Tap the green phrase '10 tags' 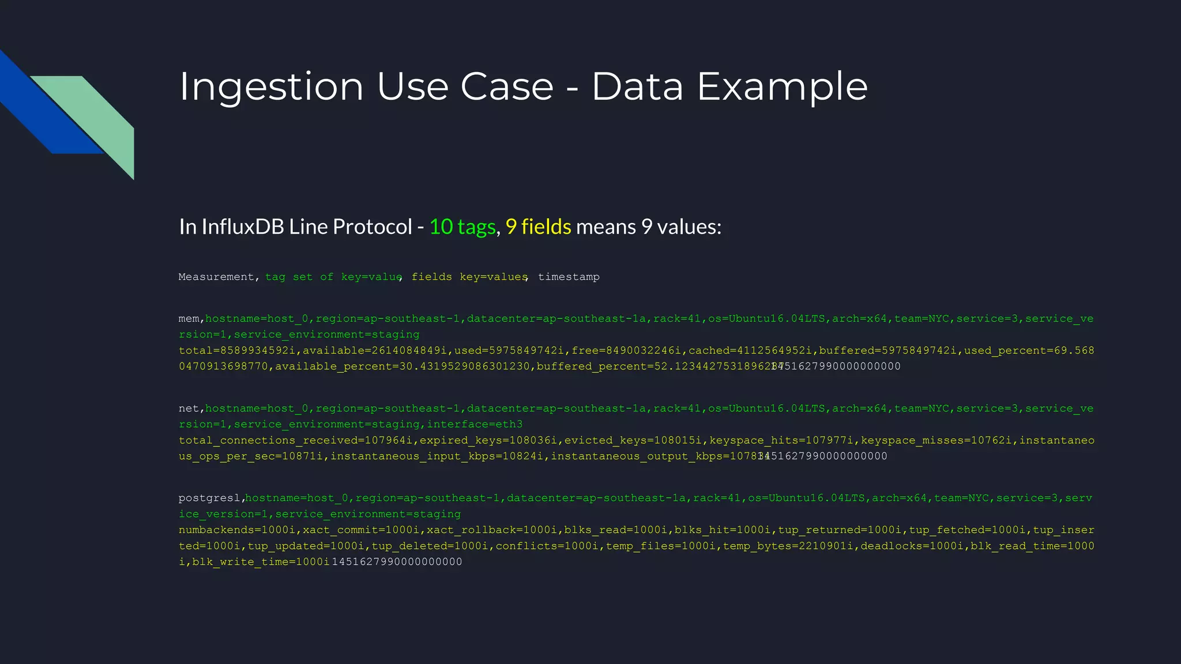click(462, 227)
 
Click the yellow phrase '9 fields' click(538, 227)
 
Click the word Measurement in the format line click(216, 277)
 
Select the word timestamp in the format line click(569, 277)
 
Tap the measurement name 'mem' click(189, 319)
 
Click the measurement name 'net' click(189, 409)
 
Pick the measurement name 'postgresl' click(209, 498)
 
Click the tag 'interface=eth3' click(475, 425)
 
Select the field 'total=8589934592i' click(237, 351)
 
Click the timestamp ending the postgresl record click(397, 562)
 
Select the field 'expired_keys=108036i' click(488, 441)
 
